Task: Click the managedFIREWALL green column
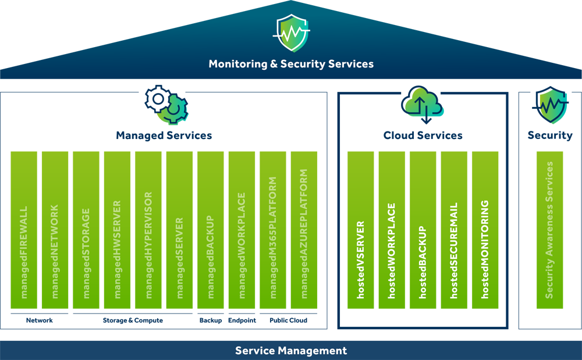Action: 24,230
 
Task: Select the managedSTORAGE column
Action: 86,230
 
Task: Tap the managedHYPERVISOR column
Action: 148,230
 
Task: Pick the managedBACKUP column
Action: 211,230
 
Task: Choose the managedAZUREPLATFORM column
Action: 304,230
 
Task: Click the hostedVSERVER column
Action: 361,230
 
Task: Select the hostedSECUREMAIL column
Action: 454,230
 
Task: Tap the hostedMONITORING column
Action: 485,230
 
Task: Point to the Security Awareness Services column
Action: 549,230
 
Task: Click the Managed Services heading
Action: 164,136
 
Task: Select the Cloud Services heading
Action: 423,136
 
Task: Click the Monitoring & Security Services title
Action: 291,64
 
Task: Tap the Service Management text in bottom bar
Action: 291,351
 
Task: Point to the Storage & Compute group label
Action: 133,320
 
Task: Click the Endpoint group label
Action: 242,320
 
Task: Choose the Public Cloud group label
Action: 288,320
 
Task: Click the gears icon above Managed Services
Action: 166,105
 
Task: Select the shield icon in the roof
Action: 291,33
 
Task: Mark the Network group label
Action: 40,320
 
